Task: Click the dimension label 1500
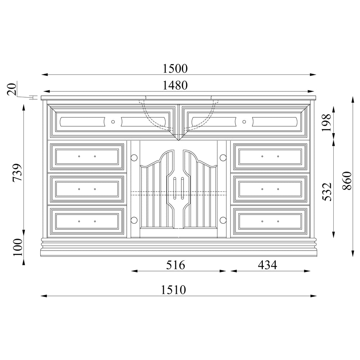pyautogui.click(x=175, y=68)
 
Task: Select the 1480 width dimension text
pyautogui.click(x=175, y=85)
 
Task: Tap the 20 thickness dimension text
pyautogui.click(x=12, y=89)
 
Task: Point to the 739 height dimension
pyautogui.click(x=17, y=173)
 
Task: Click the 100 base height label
pyautogui.click(x=18, y=247)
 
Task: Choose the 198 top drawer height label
pyautogui.click(x=326, y=122)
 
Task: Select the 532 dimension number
pyautogui.click(x=327, y=192)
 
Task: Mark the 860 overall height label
pyautogui.click(x=347, y=181)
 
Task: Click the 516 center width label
pyautogui.click(x=176, y=265)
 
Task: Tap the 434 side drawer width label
pyautogui.click(x=267, y=265)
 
